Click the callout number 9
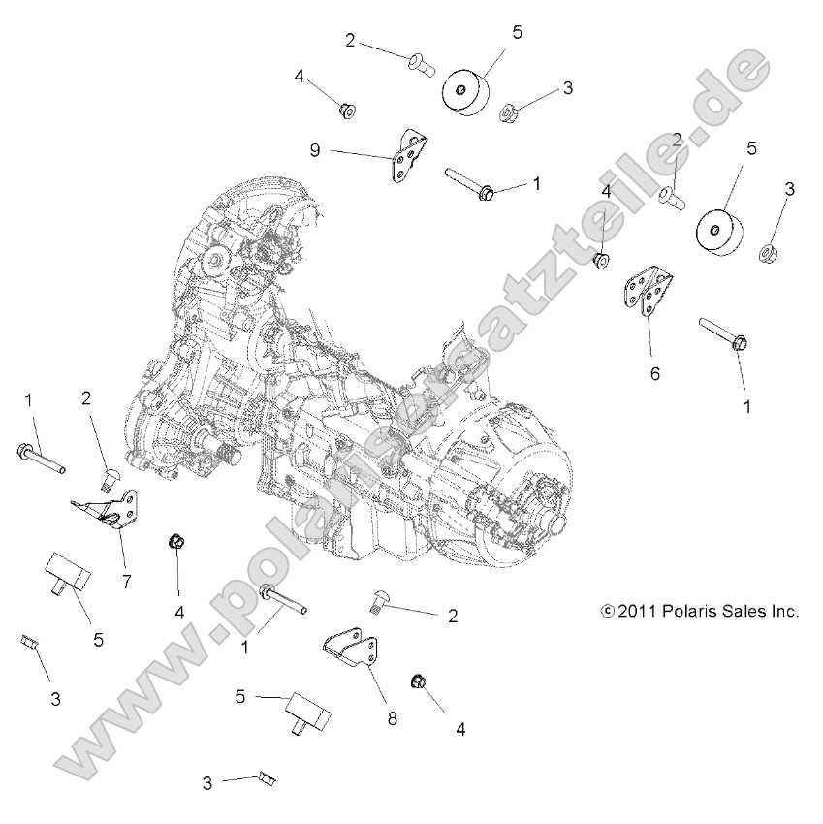(315, 149)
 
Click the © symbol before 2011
(608, 612)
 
